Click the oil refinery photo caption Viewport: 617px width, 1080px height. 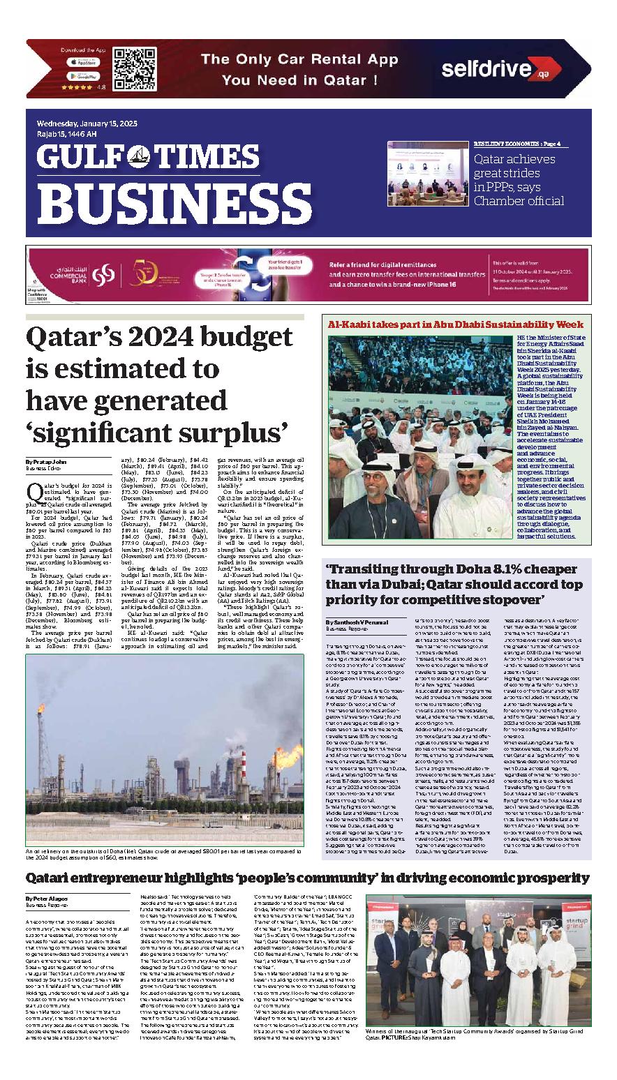tap(164, 855)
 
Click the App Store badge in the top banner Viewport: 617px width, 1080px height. tap(83, 62)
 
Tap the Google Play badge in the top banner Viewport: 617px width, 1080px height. tap(83, 76)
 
